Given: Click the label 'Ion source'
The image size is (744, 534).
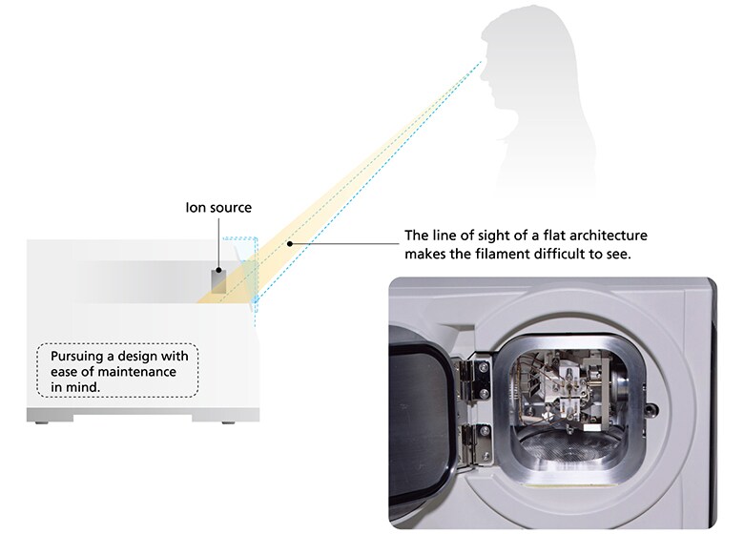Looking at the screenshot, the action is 218,208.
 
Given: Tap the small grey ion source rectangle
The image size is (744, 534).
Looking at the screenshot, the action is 218,280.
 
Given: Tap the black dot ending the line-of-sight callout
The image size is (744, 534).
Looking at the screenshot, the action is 289,244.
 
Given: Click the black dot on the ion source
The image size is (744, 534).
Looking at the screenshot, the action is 218,270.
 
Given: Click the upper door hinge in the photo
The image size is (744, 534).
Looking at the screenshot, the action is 471,379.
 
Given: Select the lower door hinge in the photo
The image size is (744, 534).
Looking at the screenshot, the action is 475,443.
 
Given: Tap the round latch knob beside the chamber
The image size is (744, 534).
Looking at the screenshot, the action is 651,408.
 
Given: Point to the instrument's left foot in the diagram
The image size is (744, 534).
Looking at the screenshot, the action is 44,421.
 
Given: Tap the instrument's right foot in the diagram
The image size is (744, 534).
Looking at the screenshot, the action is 228,421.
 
